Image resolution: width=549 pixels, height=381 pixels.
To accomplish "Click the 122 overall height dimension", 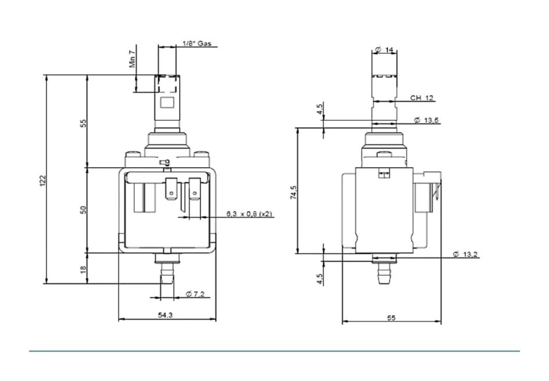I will point(42,181).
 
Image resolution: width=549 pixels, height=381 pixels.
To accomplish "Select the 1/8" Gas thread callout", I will point(197,44).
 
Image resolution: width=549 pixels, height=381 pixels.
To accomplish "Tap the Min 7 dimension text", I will point(133,59).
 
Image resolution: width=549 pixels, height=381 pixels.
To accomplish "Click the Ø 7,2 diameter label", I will point(195,294).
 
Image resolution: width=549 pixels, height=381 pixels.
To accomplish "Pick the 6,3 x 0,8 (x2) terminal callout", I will point(249,214).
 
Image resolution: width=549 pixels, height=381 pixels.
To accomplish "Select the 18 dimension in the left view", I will point(83,269).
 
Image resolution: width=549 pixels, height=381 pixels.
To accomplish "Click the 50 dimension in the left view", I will point(83,209).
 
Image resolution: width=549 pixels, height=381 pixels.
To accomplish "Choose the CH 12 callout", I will point(422,98).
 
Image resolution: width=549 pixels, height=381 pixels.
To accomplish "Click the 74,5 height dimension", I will point(294,192).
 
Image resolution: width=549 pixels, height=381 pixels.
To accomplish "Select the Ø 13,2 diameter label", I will point(465,254).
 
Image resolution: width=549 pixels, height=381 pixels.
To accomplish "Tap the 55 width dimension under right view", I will point(391,318).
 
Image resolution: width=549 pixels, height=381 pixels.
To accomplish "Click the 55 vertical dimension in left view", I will point(83,123).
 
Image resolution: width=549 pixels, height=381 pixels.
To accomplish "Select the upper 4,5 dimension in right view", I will point(320,110).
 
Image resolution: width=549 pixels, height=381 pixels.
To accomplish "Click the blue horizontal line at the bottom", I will point(273,351).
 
